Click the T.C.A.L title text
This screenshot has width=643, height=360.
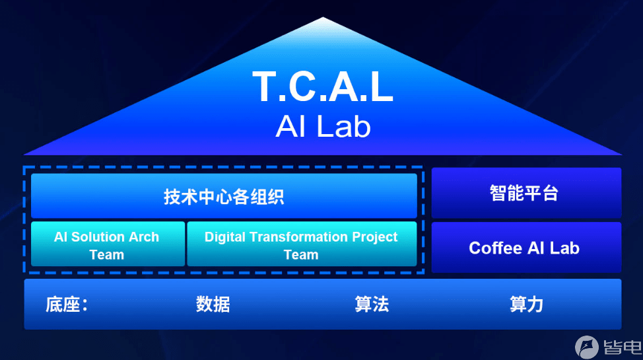pos(323,87)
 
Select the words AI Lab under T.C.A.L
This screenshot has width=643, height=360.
pos(323,126)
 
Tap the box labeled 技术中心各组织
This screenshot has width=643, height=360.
pos(224,196)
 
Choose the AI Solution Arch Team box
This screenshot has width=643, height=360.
pos(108,244)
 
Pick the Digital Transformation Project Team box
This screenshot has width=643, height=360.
pos(302,244)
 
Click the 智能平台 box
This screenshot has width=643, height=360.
pos(526,192)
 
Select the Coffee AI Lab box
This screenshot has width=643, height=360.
pos(526,248)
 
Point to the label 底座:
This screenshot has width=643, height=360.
pos(67,305)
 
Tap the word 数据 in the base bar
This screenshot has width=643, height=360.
pos(213,305)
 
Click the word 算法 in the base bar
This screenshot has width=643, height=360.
pos(372,305)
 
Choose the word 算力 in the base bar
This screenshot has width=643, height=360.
pos(527,305)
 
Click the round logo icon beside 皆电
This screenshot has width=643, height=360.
pos(587,347)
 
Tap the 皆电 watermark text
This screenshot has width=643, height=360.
pos(623,347)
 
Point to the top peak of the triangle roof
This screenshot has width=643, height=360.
pos(323,17)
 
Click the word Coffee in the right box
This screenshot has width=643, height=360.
pos(495,248)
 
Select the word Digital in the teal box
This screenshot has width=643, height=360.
pos(224,237)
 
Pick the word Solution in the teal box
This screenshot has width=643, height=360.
pos(98,237)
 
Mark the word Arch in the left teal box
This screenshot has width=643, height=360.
pos(143,237)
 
